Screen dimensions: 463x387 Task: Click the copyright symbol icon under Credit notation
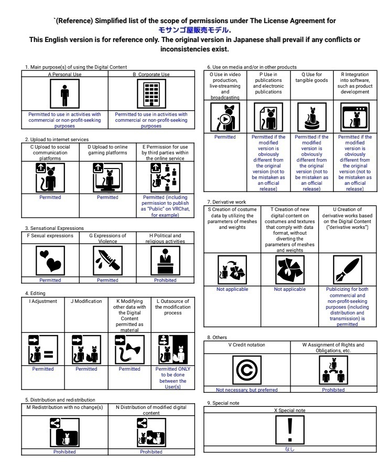tap(246, 370)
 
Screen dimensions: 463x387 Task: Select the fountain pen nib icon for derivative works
tap(347, 270)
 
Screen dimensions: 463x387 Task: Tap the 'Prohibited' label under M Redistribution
tap(64, 451)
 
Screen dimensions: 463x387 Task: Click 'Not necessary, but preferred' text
tap(247, 390)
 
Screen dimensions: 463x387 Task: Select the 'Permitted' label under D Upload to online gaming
tap(107, 197)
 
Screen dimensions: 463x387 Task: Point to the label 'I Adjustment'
tap(43, 301)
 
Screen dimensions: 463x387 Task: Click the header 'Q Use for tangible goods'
tap(311, 78)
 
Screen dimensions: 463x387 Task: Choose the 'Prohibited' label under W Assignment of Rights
tap(333, 390)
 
